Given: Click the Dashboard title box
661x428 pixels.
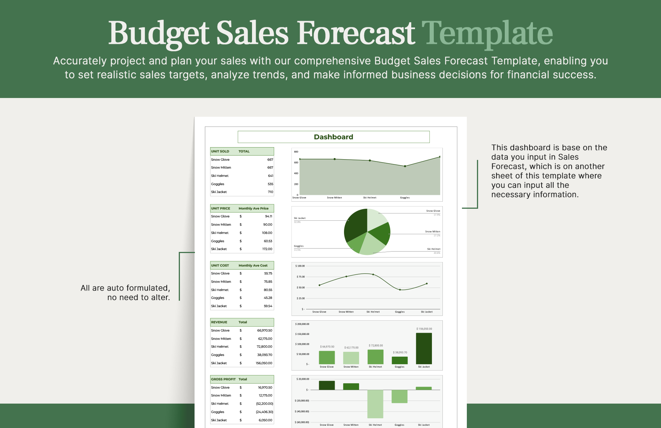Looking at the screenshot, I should click(x=334, y=137).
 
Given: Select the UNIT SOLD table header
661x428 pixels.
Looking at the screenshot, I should click(x=220, y=151).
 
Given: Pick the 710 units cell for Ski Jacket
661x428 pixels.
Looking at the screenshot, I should click(x=270, y=192).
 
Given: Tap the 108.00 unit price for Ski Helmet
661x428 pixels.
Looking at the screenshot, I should click(x=267, y=233).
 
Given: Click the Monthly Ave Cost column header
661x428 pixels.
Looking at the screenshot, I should click(x=253, y=265).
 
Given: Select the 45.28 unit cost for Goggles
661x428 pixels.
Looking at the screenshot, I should click(x=268, y=298).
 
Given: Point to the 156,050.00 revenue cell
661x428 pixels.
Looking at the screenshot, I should click(x=264, y=363).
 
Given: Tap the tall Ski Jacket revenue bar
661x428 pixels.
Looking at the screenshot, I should click(x=424, y=348).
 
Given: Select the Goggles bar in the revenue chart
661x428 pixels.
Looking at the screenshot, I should click(x=400, y=360).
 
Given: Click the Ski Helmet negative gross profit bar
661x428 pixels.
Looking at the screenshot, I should click(x=375, y=404).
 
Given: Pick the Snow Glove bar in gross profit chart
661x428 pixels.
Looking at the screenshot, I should click(x=327, y=385).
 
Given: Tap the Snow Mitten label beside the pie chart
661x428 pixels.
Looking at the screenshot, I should click(x=433, y=232).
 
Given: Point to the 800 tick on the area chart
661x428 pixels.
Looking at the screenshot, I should click(x=296, y=152).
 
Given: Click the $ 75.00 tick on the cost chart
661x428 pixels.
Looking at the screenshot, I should click(x=300, y=277).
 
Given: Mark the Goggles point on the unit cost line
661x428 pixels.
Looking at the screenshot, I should click(x=400, y=290).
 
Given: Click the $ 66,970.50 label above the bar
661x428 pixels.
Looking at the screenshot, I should click(x=327, y=347).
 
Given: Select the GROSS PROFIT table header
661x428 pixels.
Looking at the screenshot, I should click(x=223, y=379).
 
